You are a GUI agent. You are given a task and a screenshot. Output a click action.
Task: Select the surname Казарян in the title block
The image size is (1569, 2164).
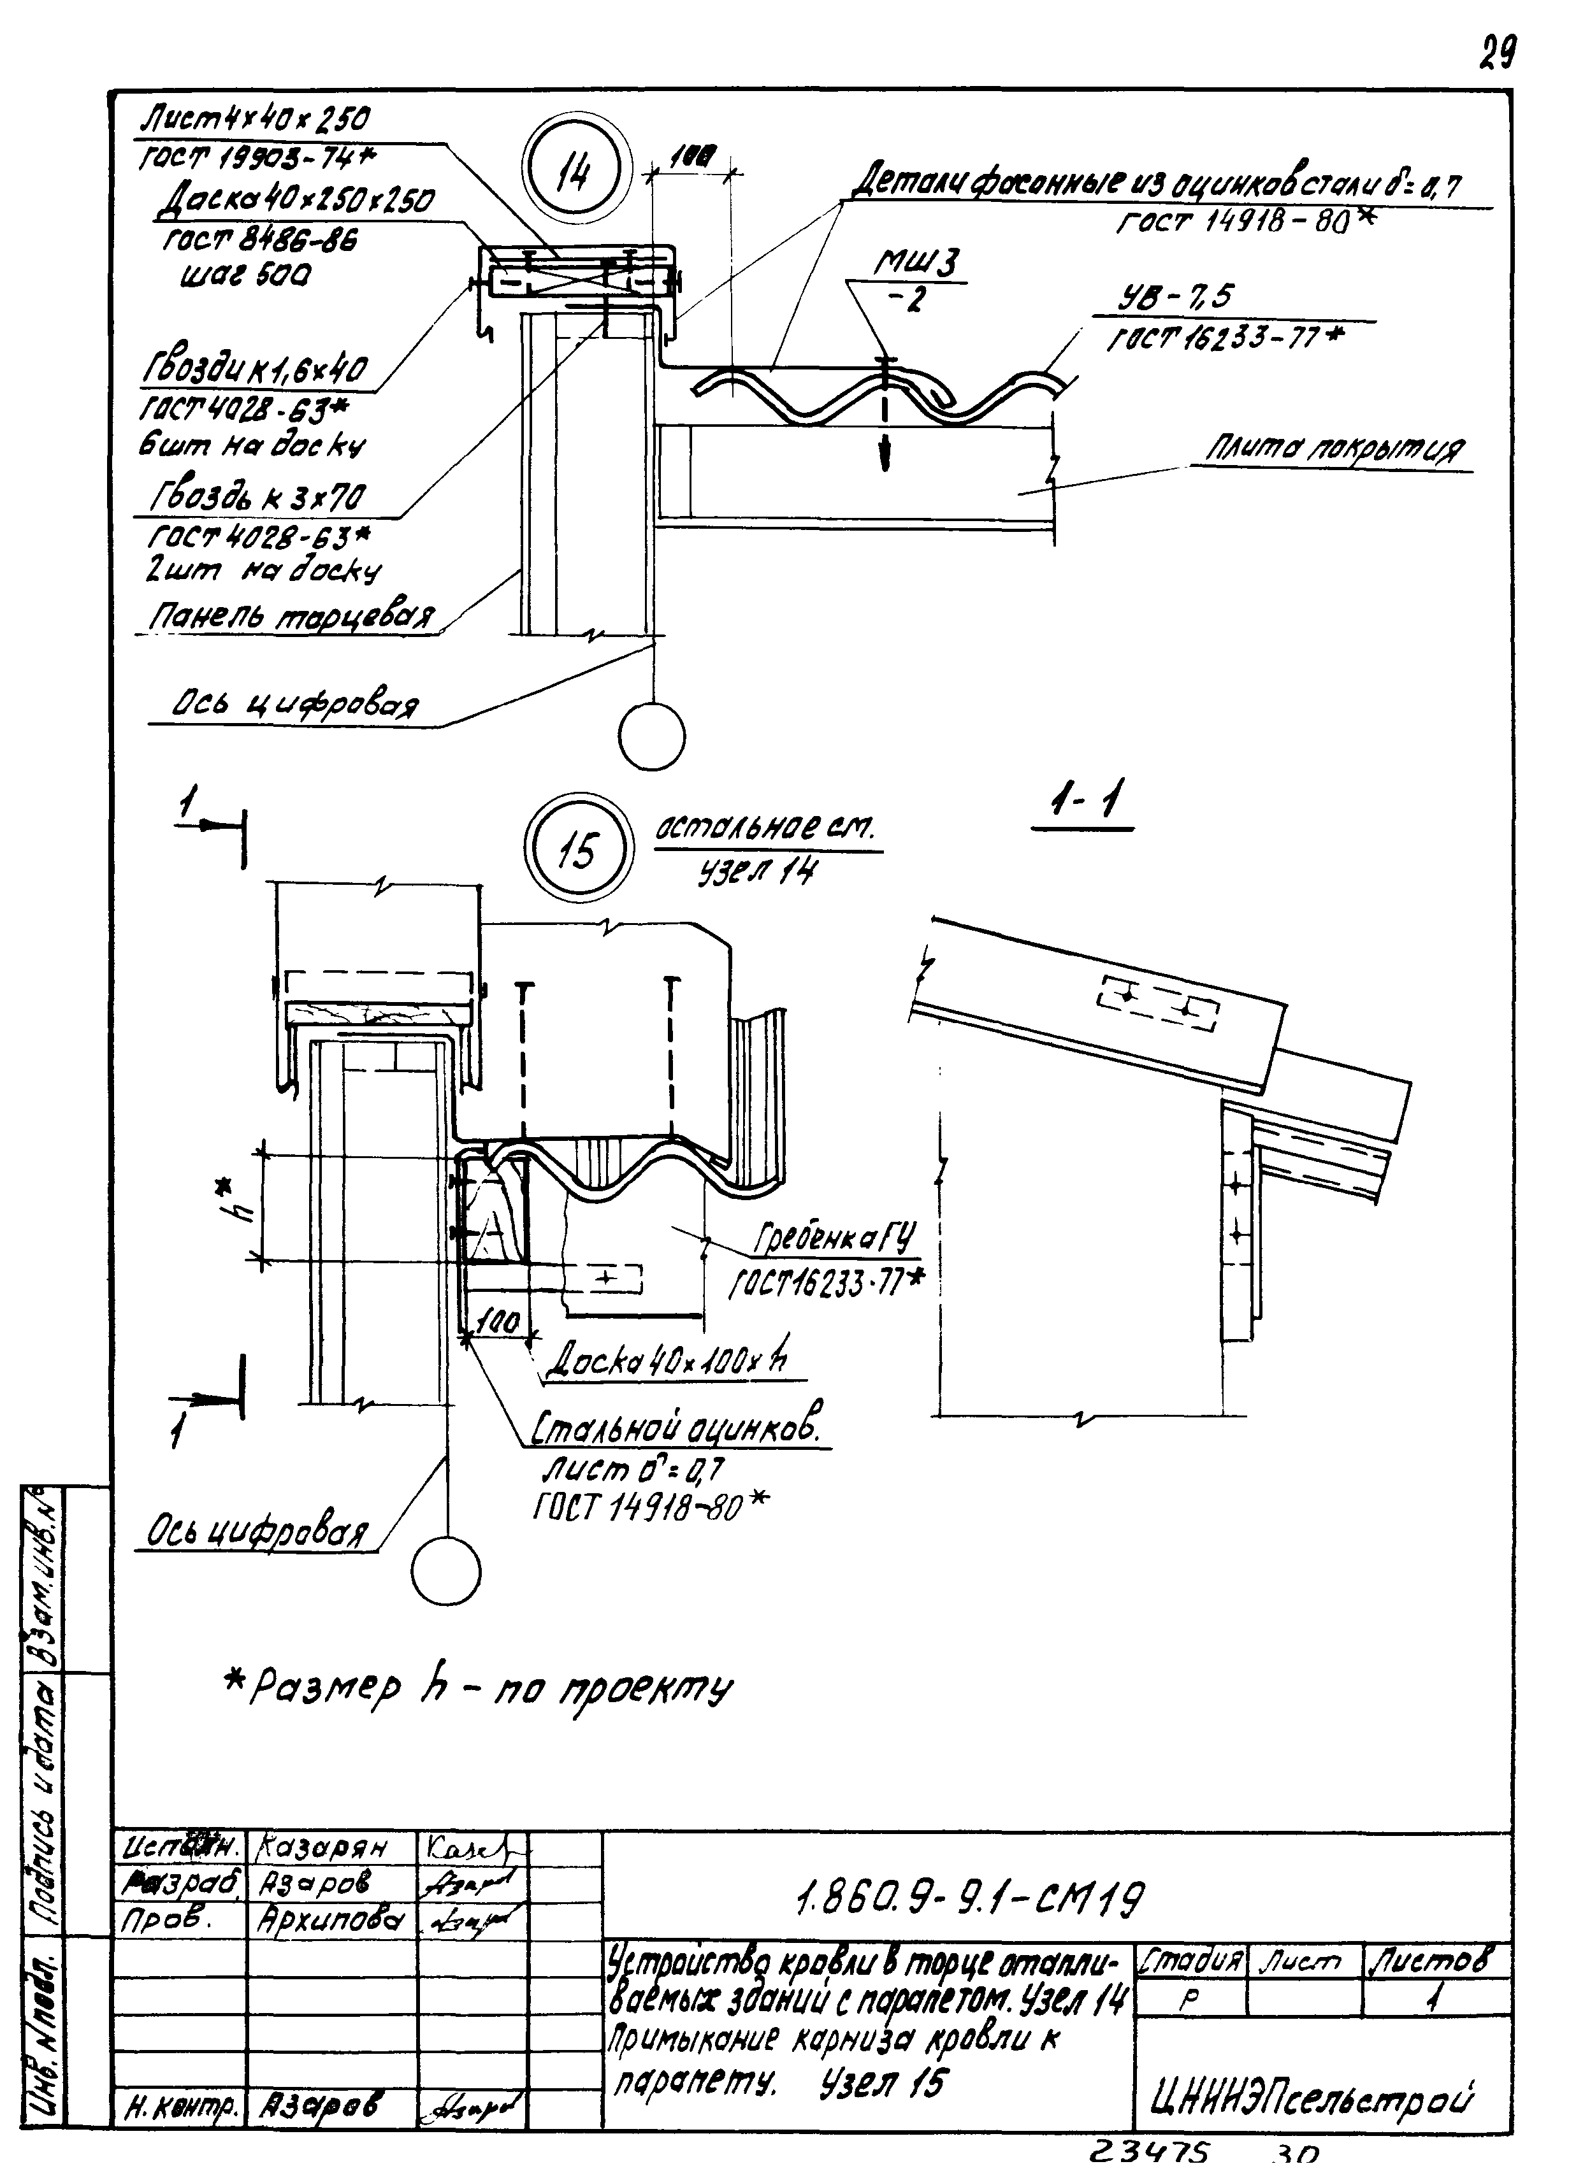322,1847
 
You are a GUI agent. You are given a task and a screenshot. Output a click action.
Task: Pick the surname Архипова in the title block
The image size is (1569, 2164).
329,1919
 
